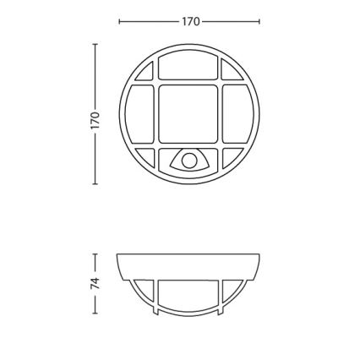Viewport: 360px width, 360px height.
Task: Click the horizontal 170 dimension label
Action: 190,22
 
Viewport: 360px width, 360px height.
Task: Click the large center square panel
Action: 189,114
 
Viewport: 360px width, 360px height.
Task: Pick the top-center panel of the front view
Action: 189,70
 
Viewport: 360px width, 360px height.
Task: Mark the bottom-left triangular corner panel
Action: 146,155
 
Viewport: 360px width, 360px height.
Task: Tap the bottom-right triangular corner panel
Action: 232,155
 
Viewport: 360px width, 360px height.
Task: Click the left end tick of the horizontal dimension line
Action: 118,22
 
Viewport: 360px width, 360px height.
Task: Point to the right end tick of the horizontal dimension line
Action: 261,22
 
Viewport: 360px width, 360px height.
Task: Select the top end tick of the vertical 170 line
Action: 95,43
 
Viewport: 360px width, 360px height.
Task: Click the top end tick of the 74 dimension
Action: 95,252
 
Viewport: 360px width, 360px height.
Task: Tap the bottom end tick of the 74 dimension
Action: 95,314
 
